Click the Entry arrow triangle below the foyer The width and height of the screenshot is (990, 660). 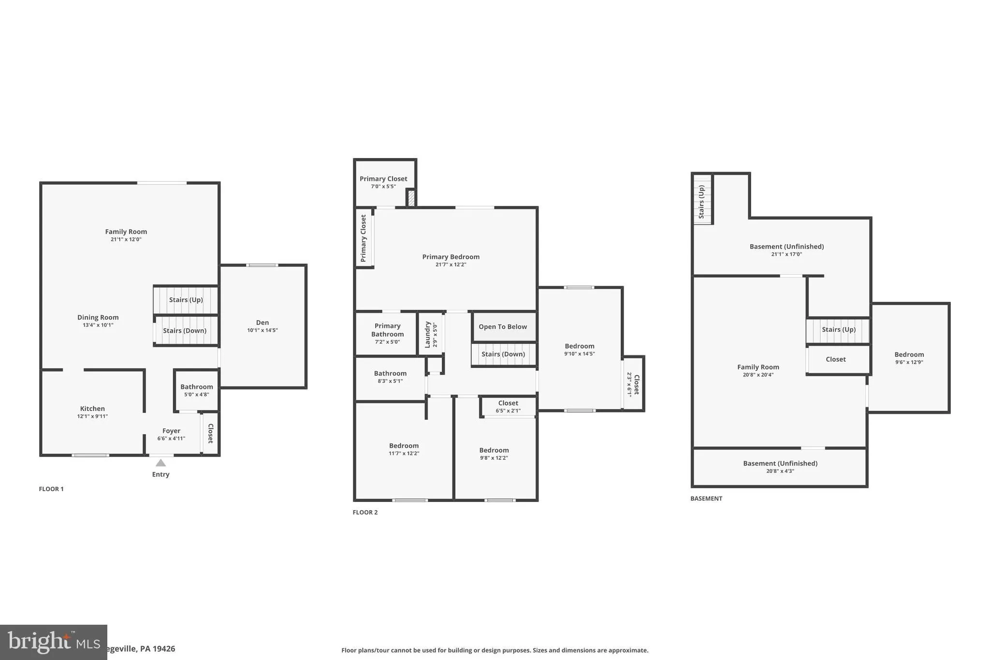pyautogui.click(x=160, y=463)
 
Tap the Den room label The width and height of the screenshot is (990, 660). pyautogui.click(x=262, y=323)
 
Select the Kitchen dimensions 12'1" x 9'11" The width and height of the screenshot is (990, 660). pyautogui.click(x=92, y=416)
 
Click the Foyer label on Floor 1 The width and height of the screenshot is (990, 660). pyautogui.click(x=171, y=431)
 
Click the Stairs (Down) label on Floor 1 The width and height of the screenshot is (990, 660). pyautogui.click(x=185, y=331)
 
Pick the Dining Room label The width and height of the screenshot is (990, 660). pyautogui.click(x=98, y=318)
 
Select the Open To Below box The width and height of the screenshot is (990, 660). pyautogui.click(x=503, y=327)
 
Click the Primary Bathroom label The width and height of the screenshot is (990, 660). pyautogui.click(x=387, y=330)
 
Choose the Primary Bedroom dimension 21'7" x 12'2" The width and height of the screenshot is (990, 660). pyautogui.click(x=451, y=264)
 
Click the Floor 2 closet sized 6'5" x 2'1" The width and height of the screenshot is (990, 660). pyautogui.click(x=508, y=407)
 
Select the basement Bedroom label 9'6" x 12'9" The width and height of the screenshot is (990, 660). pyautogui.click(x=909, y=358)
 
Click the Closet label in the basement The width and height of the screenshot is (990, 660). pyautogui.click(x=835, y=359)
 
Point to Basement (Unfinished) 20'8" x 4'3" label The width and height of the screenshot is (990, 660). pyautogui.click(x=780, y=467)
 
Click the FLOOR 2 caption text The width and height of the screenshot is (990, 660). pyautogui.click(x=365, y=513)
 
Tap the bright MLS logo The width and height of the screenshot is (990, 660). pyautogui.click(x=53, y=642)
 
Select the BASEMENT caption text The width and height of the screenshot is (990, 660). pyautogui.click(x=706, y=499)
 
